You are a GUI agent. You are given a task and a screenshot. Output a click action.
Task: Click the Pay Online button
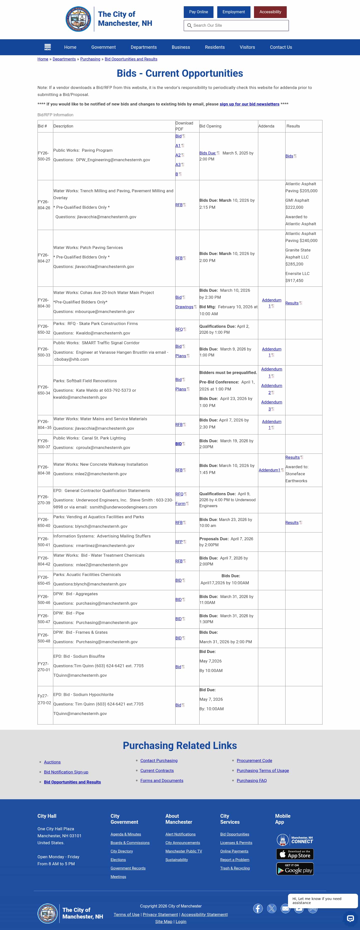coord(198,12)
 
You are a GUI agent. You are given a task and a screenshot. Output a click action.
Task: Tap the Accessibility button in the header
coord(270,12)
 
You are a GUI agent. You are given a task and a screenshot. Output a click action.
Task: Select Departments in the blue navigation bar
coord(143,47)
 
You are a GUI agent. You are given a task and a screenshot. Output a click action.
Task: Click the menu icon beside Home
coord(47,47)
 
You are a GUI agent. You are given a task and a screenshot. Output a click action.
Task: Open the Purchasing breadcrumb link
coord(90,59)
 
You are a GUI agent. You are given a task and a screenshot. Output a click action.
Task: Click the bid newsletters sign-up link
coord(249,104)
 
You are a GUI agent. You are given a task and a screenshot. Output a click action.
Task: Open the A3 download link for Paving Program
coord(178,165)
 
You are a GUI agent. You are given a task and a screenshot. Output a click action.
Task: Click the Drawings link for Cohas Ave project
coord(184,307)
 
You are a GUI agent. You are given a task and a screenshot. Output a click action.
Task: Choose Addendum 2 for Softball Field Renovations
coord(271,389)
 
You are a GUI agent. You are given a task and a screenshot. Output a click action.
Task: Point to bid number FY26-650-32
coord(44,329)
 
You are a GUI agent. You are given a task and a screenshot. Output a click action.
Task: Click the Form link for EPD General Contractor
coord(180,504)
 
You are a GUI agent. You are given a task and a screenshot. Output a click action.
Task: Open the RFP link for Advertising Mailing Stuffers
coord(179,542)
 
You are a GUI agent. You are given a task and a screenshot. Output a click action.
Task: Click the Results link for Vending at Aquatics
coord(292,522)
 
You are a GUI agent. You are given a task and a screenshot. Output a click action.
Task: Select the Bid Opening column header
coord(210,126)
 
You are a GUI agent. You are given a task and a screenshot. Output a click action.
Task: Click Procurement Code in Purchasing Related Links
coord(254,761)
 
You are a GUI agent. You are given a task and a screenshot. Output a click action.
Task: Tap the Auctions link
coord(52,762)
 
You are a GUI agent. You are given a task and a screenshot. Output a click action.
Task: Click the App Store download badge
coord(295,854)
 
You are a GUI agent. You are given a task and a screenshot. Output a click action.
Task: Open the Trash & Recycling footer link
coord(235,868)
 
